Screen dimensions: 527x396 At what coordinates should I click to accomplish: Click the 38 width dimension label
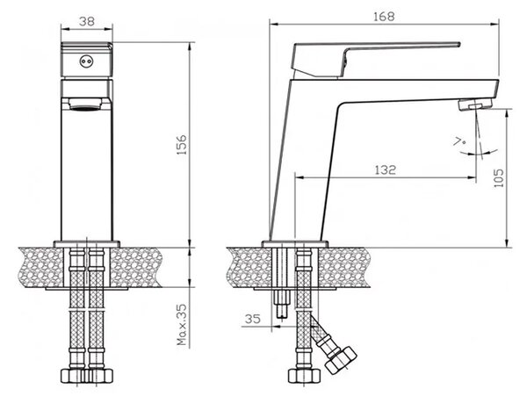87,21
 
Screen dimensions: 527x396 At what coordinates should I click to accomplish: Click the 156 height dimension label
182,145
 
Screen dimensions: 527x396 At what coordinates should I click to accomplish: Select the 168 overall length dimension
384,17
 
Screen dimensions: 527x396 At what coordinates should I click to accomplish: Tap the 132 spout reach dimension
385,169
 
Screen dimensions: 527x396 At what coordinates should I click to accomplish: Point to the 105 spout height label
499,177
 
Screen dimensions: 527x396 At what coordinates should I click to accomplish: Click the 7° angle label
459,141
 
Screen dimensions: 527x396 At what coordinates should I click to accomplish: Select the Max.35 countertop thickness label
182,325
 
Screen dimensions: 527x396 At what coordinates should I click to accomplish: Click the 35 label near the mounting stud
252,319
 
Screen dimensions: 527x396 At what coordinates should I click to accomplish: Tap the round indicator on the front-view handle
85,61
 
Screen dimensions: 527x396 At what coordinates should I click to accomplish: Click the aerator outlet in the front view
86,104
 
